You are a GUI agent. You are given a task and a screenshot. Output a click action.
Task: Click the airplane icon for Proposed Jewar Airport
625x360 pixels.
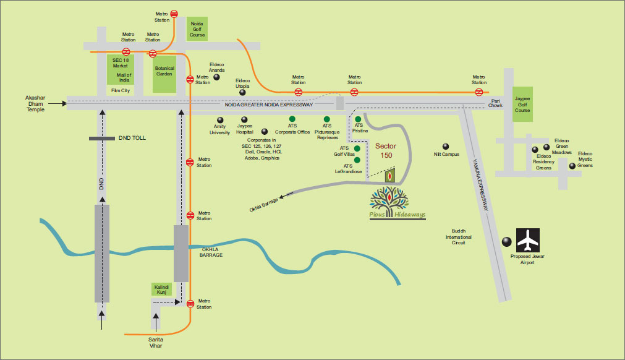pos(528,241)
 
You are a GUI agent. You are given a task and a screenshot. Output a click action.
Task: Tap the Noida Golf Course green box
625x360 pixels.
pos(197,28)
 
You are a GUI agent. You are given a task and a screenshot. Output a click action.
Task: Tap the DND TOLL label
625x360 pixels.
pos(132,138)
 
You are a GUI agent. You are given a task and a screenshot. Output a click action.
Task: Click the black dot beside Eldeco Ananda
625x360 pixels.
pos(216,77)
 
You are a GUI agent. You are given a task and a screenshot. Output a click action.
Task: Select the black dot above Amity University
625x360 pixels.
pos(219,119)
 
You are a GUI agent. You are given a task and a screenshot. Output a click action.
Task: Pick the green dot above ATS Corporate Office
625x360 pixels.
pos(292,118)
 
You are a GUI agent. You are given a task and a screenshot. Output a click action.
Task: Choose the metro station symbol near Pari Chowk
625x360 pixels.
pos(479,92)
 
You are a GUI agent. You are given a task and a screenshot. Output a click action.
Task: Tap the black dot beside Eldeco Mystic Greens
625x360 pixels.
pos(572,166)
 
